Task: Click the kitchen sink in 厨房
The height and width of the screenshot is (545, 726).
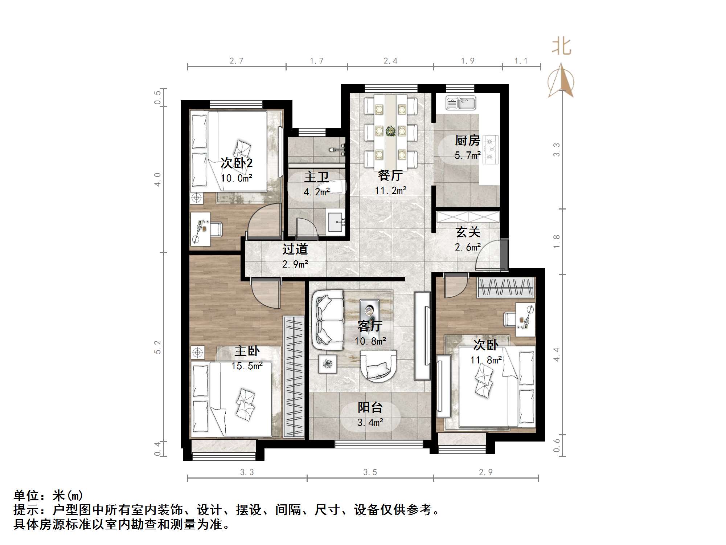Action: [460, 103]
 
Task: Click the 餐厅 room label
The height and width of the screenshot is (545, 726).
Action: [390, 176]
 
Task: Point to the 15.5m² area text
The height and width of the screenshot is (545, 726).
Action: [247, 366]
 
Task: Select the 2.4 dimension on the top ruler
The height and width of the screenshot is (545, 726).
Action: [390, 61]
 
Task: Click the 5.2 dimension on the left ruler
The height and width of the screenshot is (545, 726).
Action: [157, 347]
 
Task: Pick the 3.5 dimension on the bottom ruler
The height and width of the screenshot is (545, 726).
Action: [370, 472]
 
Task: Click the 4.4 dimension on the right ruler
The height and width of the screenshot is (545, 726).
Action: [557, 354]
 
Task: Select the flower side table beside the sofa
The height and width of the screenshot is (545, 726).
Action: [328, 363]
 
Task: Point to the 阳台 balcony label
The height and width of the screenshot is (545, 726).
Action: [370, 407]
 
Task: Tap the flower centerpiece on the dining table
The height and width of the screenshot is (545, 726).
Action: [390, 131]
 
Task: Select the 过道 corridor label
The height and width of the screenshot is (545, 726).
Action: [295, 249]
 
